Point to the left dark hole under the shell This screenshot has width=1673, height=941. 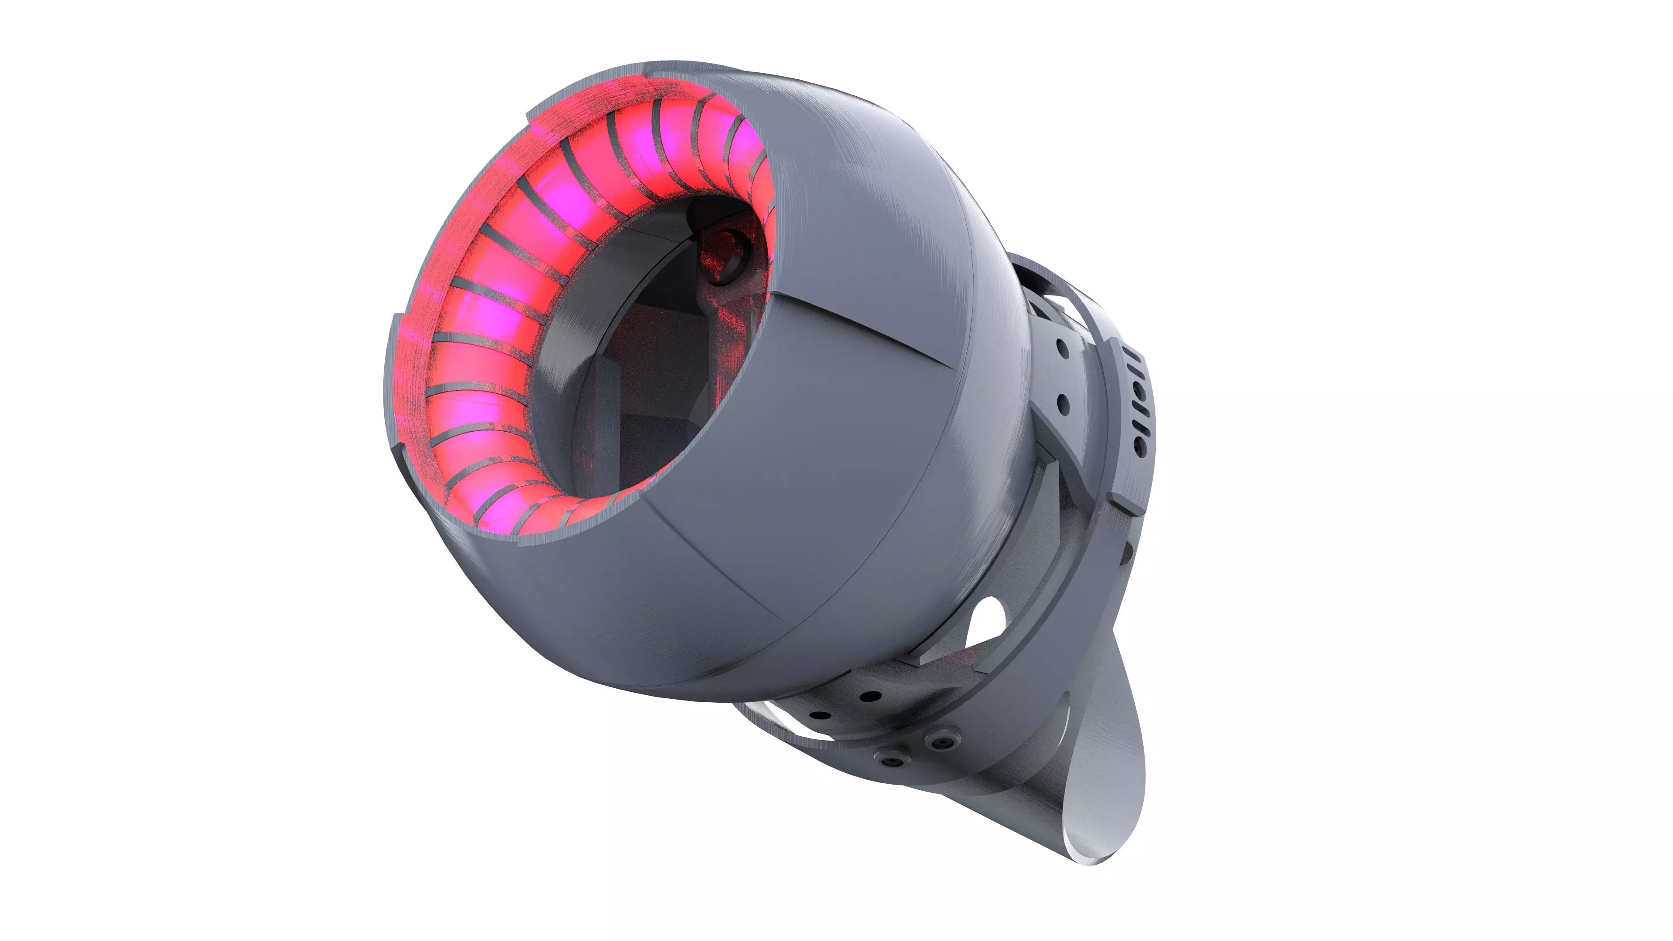821,716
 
